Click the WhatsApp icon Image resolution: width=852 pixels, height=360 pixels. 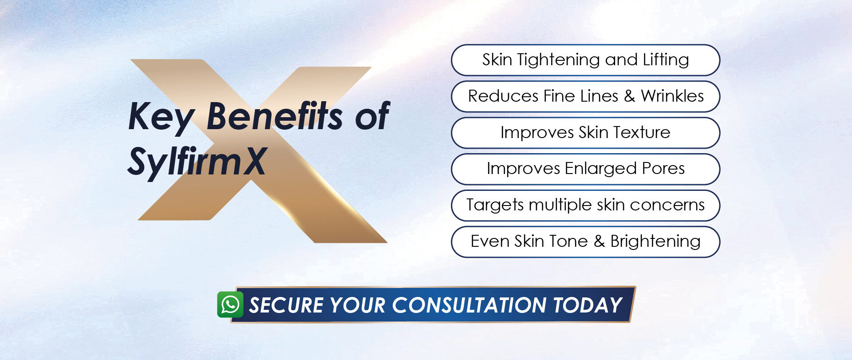(230, 305)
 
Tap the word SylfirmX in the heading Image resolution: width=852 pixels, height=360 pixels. (197, 162)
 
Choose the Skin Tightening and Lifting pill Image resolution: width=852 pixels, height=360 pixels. (585, 60)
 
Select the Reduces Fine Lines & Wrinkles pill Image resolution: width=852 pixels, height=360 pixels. (585, 96)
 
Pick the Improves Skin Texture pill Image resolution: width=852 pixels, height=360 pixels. (585, 133)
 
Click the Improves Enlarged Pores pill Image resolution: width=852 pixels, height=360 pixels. (585, 169)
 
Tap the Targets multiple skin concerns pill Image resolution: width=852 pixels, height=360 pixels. (585, 206)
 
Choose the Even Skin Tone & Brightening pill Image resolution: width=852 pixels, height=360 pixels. (585, 242)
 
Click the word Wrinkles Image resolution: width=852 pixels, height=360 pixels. (672, 96)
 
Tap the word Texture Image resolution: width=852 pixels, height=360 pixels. (642, 132)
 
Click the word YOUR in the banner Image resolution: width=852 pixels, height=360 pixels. (358, 305)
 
